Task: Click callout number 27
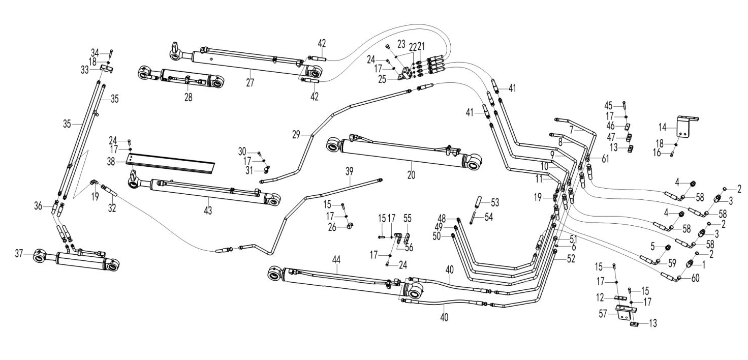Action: pyautogui.click(x=250, y=82)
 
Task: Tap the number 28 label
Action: pyautogui.click(x=189, y=97)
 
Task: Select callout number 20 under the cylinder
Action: pyautogui.click(x=411, y=174)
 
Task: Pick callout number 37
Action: pyautogui.click(x=19, y=254)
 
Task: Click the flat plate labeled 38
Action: pyautogui.click(x=171, y=163)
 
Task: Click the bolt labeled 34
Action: pyautogui.click(x=111, y=53)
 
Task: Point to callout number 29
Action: pyautogui.click(x=296, y=135)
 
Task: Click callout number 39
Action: pyautogui.click(x=349, y=172)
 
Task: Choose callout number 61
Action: pyautogui.click(x=605, y=159)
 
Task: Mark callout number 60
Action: pyautogui.click(x=695, y=278)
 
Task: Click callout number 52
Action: pyautogui.click(x=571, y=259)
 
